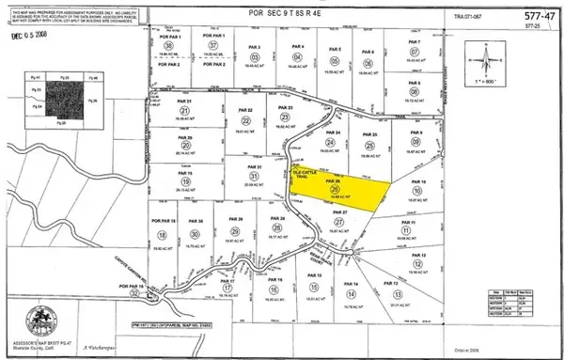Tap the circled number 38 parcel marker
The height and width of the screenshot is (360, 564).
(170, 45)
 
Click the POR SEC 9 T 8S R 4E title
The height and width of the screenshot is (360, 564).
(285, 17)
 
